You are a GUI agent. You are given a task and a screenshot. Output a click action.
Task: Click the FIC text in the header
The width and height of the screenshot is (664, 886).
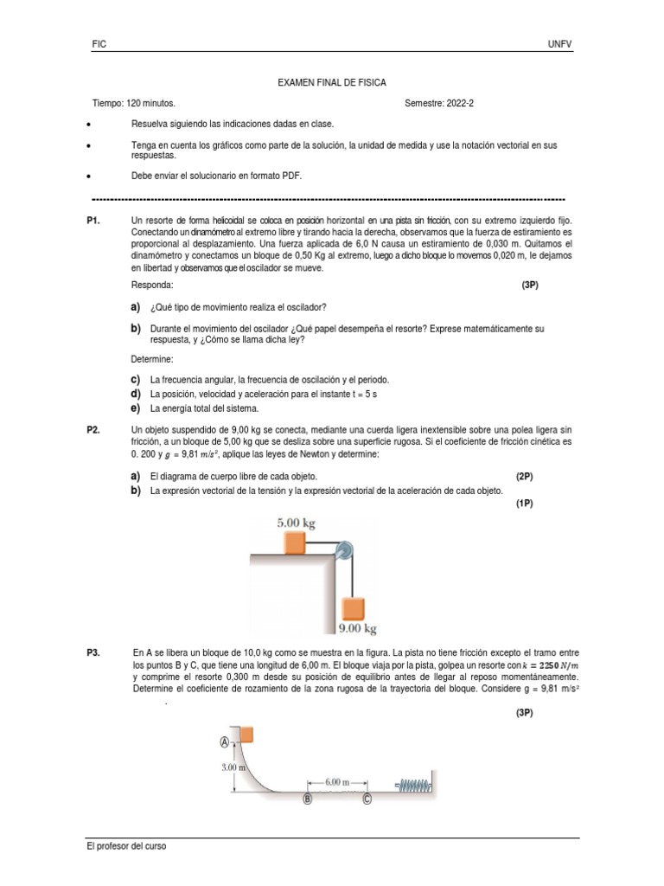pyautogui.click(x=99, y=44)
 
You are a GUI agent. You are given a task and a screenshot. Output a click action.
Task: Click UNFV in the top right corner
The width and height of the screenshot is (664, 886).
pyautogui.click(x=559, y=44)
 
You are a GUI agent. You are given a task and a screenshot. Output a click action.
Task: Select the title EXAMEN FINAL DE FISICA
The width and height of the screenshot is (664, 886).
pyautogui.click(x=331, y=83)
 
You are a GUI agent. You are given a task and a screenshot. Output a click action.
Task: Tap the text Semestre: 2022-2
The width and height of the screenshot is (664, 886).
pyautogui.click(x=439, y=103)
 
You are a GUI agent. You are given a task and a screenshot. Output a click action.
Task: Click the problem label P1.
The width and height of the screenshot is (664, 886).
pyautogui.click(x=95, y=221)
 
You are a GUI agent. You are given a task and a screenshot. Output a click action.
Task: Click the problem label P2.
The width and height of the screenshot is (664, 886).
pyautogui.click(x=95, y=430)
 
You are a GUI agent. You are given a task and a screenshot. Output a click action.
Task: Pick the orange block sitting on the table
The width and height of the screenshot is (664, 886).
pyautogui.click(x=295, y=543)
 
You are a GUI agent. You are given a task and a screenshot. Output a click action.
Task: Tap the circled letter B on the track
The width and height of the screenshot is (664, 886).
pyautogui.click(x=306, y=800)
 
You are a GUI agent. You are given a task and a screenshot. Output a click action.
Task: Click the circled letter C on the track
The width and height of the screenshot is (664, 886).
pyautogui.click(x=367, y=800)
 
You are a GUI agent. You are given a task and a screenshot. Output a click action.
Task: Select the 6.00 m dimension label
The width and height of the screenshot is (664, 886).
pyautogui.click(x=336, y=781)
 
